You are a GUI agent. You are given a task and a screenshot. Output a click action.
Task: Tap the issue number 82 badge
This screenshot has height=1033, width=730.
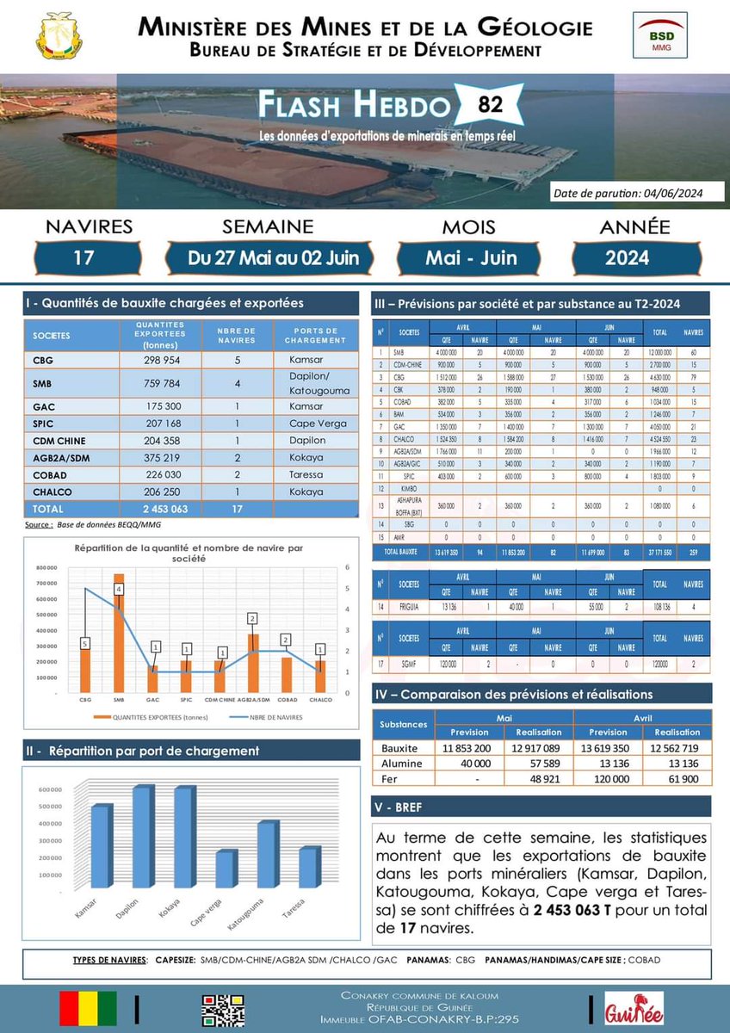pos(483,107)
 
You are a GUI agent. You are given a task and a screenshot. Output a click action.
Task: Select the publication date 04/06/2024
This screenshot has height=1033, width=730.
pos(628,193)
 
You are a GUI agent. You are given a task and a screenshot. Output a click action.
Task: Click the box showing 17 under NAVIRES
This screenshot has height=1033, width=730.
pos(83,257)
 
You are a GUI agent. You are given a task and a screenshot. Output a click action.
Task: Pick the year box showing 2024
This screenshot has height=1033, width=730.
pos(627,257)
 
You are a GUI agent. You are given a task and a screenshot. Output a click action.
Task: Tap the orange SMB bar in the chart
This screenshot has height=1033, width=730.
pos(120,633)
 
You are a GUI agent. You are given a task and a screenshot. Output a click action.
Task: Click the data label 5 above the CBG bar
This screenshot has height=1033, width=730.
pos(84,642)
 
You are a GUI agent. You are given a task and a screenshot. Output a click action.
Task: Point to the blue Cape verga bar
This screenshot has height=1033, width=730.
pos(224,875)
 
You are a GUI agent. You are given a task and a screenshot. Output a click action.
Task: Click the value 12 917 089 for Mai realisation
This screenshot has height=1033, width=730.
pos(537,748)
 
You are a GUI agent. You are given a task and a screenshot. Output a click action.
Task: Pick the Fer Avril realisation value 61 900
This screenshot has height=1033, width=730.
pos(676,779)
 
